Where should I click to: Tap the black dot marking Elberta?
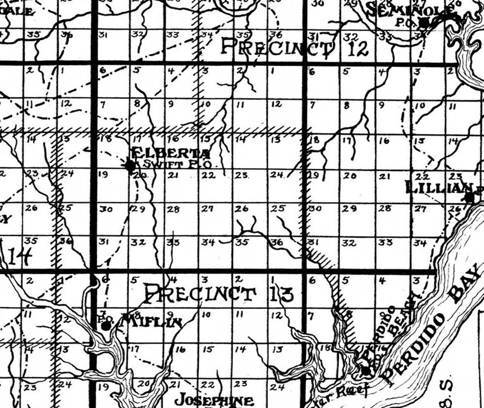coord(130,166)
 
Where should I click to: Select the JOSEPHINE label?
coord(215,400)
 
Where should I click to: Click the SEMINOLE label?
coord(411,11)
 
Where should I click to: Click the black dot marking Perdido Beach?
coord(366,371)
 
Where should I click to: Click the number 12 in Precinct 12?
coord(357,49)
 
